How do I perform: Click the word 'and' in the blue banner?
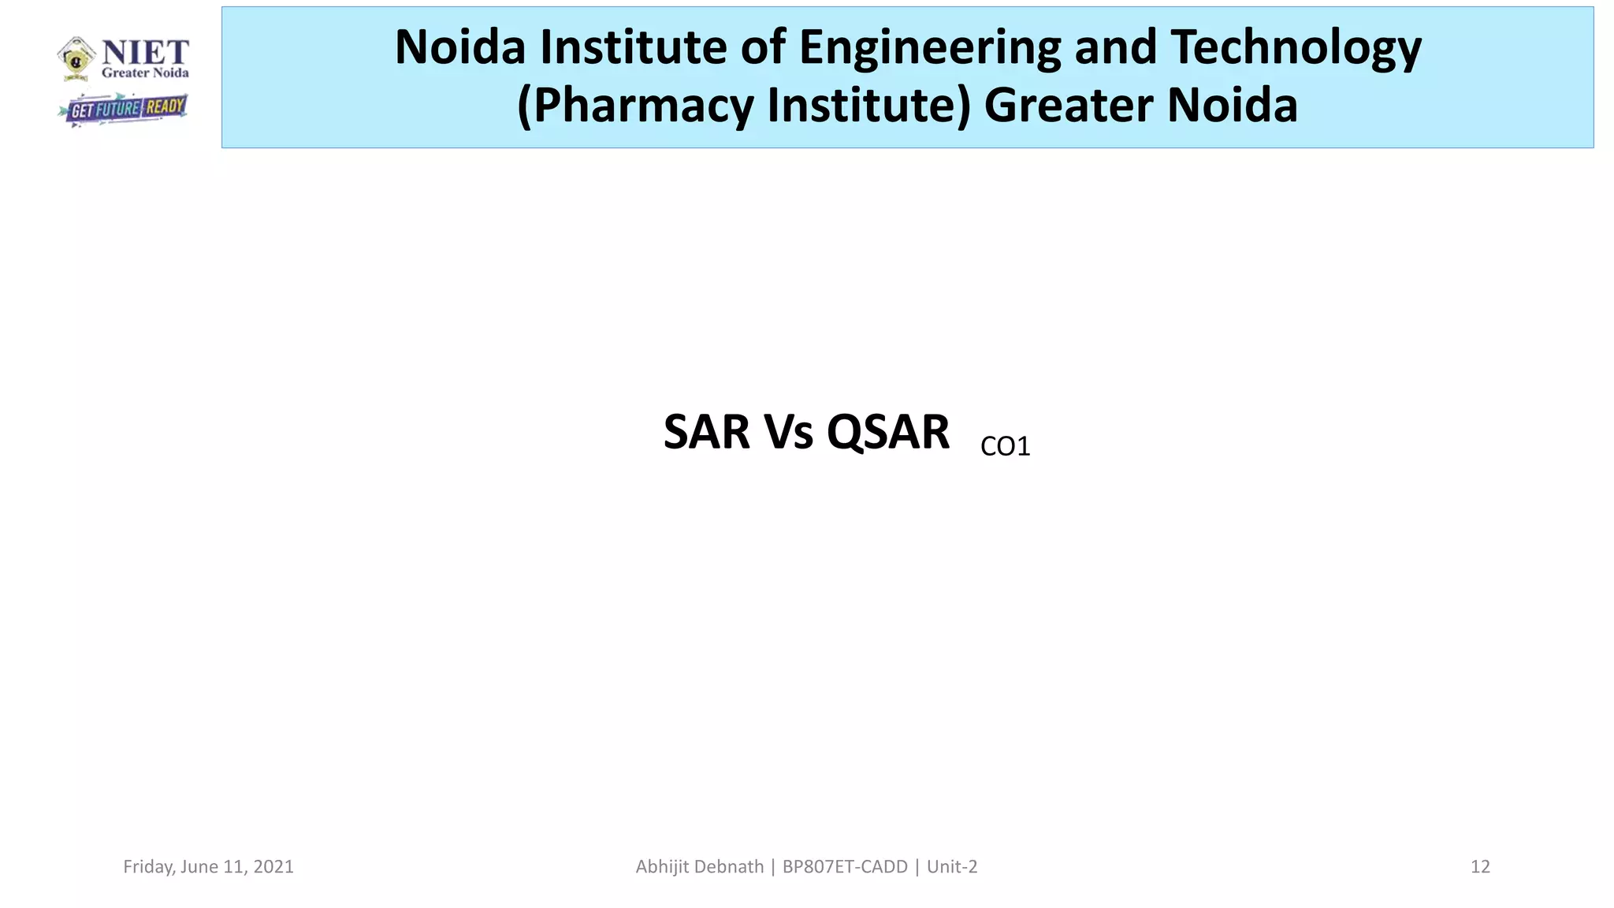1118,47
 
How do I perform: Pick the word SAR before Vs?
707,433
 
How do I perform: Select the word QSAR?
888,433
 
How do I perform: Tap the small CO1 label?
1005,447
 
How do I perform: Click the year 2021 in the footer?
273,867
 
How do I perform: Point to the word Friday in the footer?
148,867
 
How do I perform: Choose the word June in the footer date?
199,867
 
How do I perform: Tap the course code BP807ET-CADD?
845,867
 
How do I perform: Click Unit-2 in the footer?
952,867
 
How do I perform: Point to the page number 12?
1480,867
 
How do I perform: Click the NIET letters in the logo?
146,53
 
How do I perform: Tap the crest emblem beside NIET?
76,58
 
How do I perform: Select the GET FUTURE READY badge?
125,109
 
